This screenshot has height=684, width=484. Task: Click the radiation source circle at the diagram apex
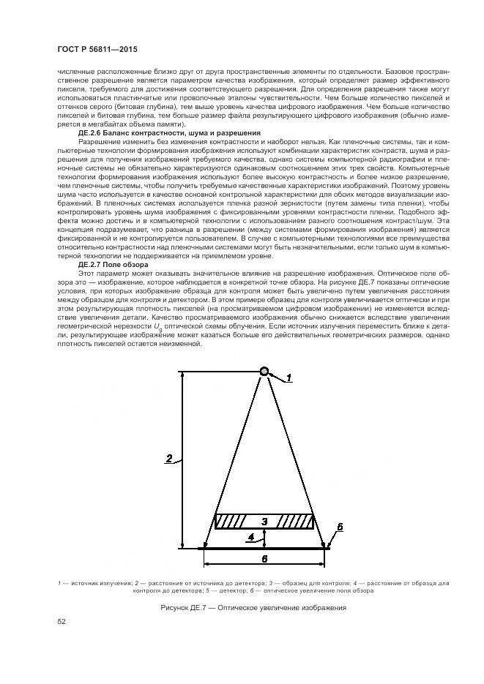click(x=264, y=372)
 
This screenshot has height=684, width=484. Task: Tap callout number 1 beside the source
click(x=288, y=378)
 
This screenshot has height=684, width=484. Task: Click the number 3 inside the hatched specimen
click(x=264, y=521)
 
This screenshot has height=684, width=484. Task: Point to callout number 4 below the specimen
click(x=253, y=536)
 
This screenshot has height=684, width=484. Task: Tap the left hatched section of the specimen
click(x=232, y=522)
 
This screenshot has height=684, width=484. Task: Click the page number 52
click(x=62, y=621)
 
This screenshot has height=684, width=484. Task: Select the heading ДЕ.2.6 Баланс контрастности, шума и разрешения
click(x=168, y=133)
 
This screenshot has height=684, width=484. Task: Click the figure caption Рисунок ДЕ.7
click(x=253, y=609)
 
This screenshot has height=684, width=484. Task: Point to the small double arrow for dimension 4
click(x=264, y=538)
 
